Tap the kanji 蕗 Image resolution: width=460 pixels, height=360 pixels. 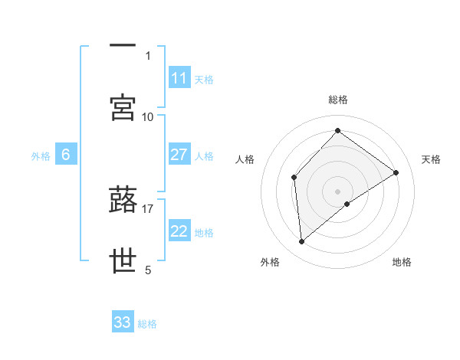pos(123,200)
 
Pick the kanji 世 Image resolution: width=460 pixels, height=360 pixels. pos(123,261)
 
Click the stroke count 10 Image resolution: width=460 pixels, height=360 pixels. pos(148,116)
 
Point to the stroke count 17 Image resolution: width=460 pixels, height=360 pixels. pos(148,208)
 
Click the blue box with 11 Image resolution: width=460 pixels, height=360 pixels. pos(179,78)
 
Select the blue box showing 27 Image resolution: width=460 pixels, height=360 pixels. pos(179,155)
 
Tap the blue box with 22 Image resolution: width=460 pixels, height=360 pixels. pos(179,231)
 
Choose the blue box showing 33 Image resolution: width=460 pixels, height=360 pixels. pos(123,322)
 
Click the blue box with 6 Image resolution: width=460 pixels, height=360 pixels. pos(66,155)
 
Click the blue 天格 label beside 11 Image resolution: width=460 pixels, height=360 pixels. pos(204,79)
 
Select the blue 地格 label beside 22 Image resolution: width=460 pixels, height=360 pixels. pos(204,232)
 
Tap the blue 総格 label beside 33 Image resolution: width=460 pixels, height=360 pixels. pos(147,323)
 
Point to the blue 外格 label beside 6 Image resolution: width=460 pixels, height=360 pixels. pos(41,155)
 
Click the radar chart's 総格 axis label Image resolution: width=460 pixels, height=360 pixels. pos(338,100)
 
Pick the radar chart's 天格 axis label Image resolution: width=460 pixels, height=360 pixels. pos(431,159)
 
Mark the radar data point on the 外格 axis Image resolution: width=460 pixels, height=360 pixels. pos(302,242)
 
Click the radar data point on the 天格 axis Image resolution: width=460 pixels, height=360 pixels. pos(396,172)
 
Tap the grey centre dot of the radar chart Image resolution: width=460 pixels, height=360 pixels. pos(338,191)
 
